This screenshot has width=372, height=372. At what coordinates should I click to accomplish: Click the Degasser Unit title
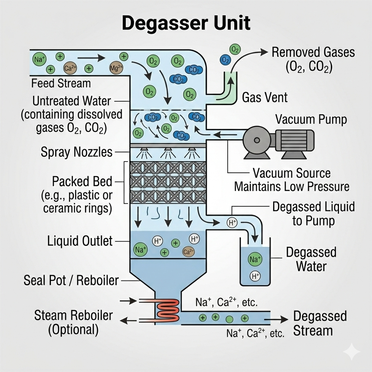pos(186,24)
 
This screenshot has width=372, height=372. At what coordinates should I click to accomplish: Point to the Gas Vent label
pos(264,97)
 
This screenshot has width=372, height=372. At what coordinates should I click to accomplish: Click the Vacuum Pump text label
pos(311,120)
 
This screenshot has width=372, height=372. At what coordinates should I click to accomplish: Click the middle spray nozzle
pos(168,150)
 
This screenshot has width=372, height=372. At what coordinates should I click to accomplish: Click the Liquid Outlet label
pos(80,240)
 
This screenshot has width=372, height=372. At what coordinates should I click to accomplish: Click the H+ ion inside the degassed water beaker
pos(255,276)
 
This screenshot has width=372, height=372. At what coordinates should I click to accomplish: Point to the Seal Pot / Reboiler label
pos(71,280)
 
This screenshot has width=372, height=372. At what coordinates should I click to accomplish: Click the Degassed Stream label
pos(320,323)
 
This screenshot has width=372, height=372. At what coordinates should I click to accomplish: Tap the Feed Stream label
pos(61,83)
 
